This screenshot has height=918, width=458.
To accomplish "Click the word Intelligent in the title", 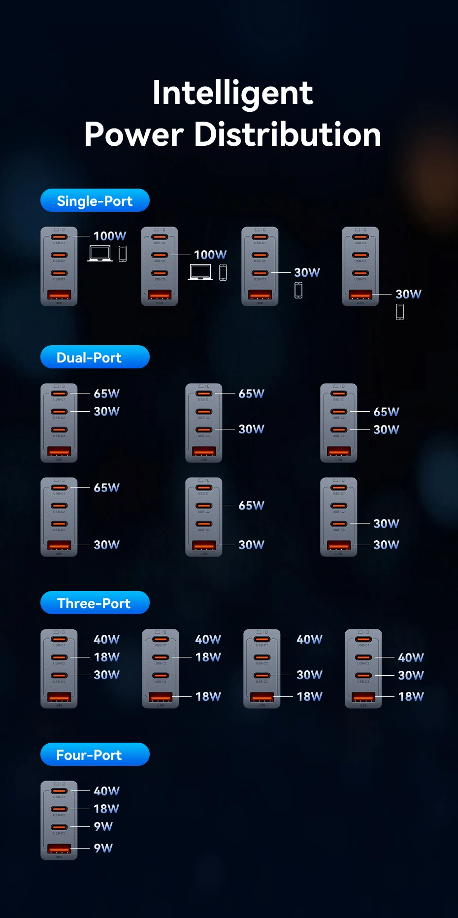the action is [x=232, y=93].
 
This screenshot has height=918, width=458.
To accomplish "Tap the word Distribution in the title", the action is [x=288, y=134].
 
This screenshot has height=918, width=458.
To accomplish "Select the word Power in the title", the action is [x=134, y=134].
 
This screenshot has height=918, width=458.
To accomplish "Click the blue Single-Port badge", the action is [x=95, y=200].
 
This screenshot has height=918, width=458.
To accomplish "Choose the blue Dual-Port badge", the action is [x=95, y=357].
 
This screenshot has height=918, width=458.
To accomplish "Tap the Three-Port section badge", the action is [x=95, y=603].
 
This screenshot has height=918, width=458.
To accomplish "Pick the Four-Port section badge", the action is [x=95, y=754].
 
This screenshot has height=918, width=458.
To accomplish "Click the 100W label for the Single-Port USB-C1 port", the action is [x=109, y=236].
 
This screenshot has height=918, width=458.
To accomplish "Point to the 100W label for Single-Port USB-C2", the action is [x=210, y=255].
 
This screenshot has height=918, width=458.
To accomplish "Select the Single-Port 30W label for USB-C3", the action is [x=307, y=273].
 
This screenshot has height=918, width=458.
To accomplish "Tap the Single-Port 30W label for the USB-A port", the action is [x=408, y=295].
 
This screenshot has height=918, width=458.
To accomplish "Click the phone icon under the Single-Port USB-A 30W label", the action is [x=400, y=312].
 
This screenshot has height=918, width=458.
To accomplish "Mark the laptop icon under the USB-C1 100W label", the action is [x=100, y=254].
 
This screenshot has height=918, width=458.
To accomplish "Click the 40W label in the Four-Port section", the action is [x=106, y=791].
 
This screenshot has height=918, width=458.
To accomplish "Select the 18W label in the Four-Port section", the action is [x=106, y=809].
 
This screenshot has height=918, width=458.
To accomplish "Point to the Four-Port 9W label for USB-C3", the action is [x=103, y=826].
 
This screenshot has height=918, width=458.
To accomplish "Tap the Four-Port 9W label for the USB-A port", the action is [x=103, y=848].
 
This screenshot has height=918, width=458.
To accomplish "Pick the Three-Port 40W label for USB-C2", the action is [x=411, y=657].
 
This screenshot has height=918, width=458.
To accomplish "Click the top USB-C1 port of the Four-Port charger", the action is [x=59, y=791].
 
